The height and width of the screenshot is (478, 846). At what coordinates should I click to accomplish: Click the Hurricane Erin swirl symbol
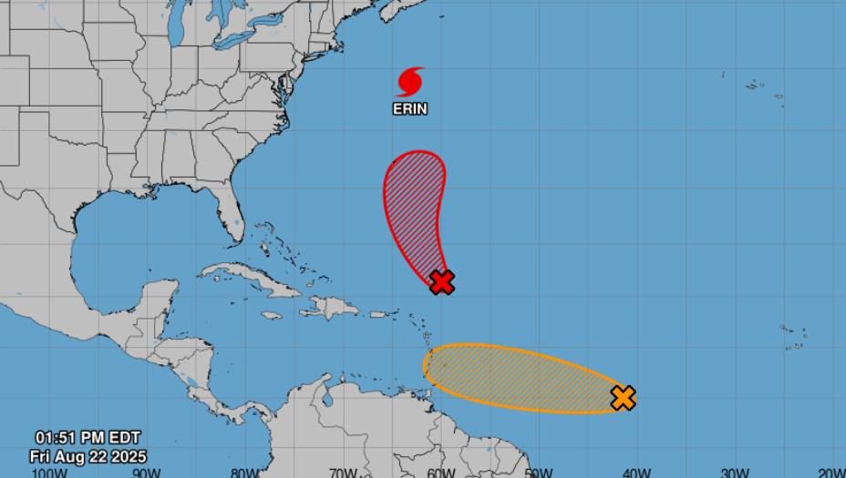tap(410, 82)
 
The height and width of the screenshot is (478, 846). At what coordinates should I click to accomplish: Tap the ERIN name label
tap(410, 109)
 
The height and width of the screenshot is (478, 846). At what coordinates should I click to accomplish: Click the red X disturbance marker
tap(442, 282)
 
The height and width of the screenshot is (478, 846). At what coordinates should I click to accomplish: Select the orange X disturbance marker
tap(624, 398)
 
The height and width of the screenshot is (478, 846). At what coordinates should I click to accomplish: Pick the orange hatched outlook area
tap(520, 377)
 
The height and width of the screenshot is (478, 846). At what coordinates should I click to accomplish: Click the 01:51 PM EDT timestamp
tap(88, 438)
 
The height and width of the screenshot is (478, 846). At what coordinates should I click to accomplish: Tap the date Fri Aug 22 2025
tap(88, 456)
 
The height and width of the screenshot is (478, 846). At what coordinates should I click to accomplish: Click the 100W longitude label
tap(48, 473)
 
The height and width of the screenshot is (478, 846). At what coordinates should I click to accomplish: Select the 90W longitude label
tap(147, 473)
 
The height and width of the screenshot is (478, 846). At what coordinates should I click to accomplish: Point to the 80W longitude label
tap(244, 473)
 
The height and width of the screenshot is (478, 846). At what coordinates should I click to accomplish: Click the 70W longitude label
tap(343, 473)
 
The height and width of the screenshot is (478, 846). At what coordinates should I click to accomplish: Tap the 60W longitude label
tap(441, 473)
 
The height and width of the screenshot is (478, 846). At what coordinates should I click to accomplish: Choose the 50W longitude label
tap(539, 473)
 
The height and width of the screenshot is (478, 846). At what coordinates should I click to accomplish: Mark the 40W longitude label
tap(637, 473)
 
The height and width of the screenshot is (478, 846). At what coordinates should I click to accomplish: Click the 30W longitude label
tap(735, 473)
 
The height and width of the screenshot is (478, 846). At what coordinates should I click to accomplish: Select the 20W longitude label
tap(831, 473)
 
